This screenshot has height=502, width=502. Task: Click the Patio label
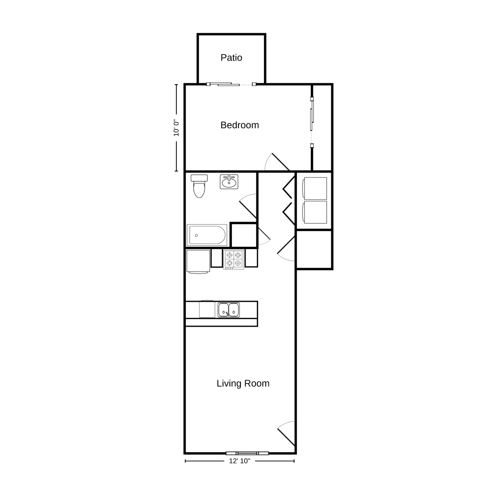pos(231,57)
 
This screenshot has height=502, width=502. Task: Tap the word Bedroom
pos(240,125)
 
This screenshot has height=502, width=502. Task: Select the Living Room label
pos(243,383)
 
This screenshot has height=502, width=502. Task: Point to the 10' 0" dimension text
pos(176,128)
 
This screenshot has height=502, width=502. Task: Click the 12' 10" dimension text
pos(240,461)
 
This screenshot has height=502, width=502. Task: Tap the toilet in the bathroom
pos(199,186)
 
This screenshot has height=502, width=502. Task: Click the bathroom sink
pos(229,182)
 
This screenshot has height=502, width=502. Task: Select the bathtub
pos(207,235)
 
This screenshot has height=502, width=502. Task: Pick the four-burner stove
pos(234,259)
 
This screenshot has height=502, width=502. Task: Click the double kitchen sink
pos(229,310)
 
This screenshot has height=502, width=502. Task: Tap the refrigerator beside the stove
pos(198,262)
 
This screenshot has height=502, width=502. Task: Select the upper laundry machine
pos(315,189)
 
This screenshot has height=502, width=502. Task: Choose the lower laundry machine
pos(315,212)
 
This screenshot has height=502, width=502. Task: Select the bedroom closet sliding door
pos(312,122)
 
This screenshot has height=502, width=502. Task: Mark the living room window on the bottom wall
pos(247,453)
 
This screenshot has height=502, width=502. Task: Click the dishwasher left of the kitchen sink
pos(207,309)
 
